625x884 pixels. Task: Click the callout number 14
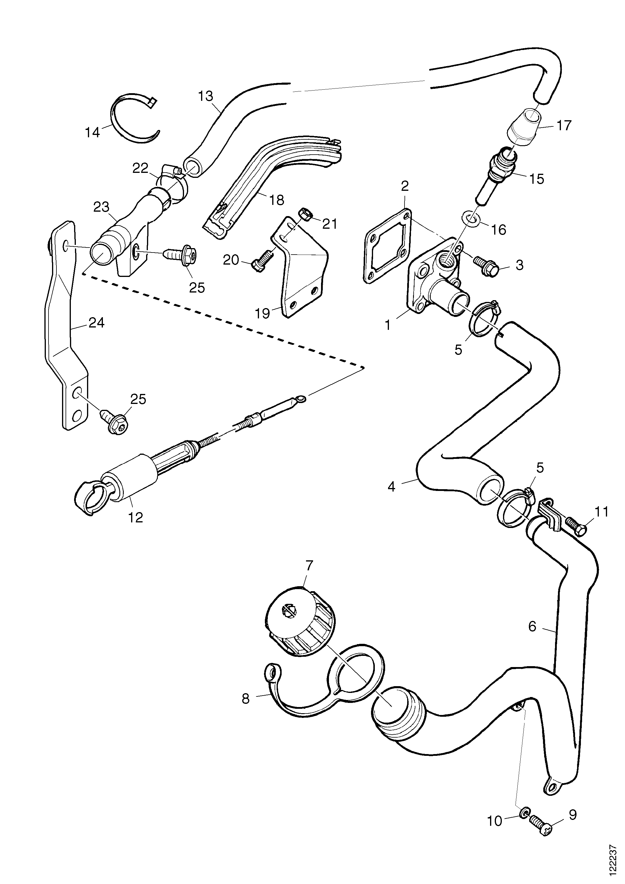92,133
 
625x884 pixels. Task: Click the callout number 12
136,517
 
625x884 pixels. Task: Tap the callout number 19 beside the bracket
263,313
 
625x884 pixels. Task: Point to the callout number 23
101,207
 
